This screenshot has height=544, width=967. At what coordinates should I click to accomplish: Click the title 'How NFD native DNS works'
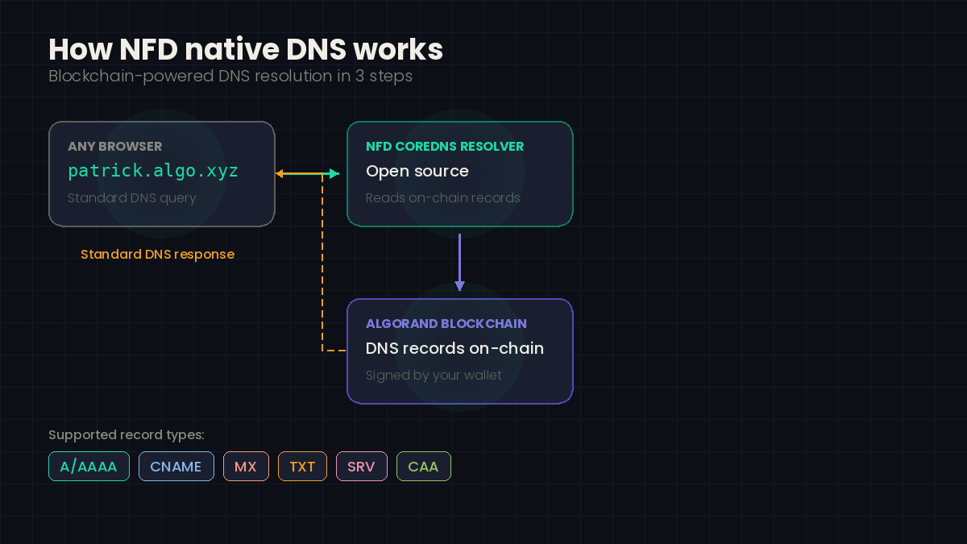[246, 50]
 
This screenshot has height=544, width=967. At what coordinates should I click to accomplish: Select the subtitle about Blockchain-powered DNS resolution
[230, 77]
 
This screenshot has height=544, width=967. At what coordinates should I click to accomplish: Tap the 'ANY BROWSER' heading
[114, 147]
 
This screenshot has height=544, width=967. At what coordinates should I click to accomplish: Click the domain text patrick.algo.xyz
[153, 172]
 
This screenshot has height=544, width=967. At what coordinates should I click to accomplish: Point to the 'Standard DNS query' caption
[131, 198]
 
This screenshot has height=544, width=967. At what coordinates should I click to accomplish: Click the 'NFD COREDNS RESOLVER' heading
[445, 147]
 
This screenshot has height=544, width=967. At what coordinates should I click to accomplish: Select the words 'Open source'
[417, 172]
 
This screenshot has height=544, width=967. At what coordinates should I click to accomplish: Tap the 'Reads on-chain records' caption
[442, 198]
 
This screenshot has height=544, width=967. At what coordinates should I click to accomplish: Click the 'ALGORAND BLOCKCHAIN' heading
[446, 324]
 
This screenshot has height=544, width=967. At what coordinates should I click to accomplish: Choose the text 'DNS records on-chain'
[454, 349]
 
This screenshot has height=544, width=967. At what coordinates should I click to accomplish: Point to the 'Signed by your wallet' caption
[434, 376]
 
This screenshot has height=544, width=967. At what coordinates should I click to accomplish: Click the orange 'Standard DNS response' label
[157, 255]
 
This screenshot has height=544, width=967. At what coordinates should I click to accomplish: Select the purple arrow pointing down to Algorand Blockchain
[459, 263]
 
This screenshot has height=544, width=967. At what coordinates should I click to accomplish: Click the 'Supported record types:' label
[127, 435]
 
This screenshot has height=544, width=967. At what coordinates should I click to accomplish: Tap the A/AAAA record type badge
[89, 467]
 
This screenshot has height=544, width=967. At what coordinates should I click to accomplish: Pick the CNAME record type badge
[176, 467]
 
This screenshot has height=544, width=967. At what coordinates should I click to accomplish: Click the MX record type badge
[246, 467]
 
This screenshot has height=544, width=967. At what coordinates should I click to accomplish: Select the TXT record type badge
[302, 467]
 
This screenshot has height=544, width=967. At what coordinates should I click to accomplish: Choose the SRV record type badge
[361, 467]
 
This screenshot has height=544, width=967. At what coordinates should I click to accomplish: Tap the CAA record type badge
[423, 467]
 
